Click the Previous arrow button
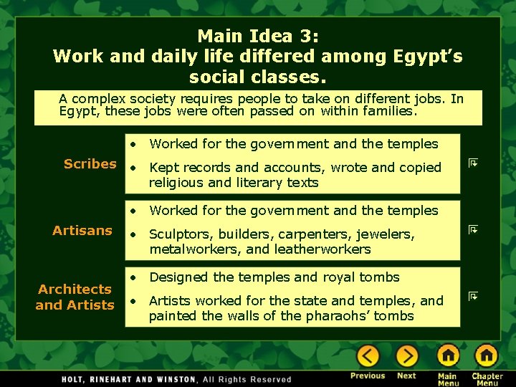pos(368,355)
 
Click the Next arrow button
pos(406,355)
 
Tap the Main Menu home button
pos(448,355)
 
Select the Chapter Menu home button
pos(487,355)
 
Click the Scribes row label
pos(90,164)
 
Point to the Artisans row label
pos(82,231)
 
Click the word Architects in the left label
pos(75,290)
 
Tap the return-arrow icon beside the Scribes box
pos(473,163)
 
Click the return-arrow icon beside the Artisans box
pos(473,230)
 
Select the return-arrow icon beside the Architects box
pos(473,295)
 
